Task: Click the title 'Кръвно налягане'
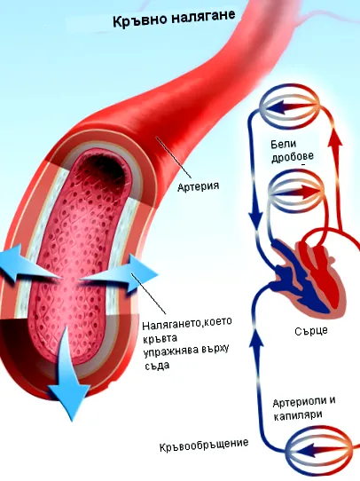(x=174, y=18)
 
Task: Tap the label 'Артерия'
(x=199, y=185)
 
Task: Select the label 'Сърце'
(x=311, y=331)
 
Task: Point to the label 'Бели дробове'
(x=293, y=150)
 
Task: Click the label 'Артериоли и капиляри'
(x=303, y=408)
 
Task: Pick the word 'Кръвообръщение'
(x=204, y=445)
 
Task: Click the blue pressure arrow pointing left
(x=27, y=264)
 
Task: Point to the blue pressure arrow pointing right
(x=121, y=274)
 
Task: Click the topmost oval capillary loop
(x=289, y=106)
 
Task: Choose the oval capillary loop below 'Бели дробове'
(x=296, y=192)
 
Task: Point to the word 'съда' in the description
(x=156, y=366)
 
